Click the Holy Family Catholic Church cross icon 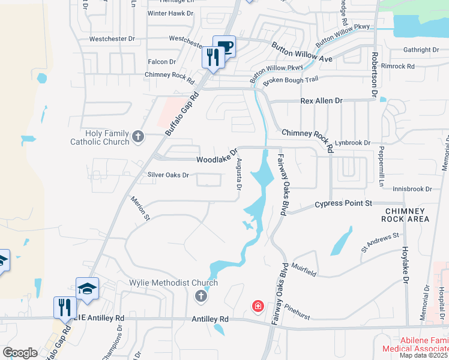(x=138, y=137)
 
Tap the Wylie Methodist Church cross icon (x=201, y=295)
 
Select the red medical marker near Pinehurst (x=258, y=307)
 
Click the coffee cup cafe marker (x=224, y=47)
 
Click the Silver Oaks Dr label (x=169, y=175)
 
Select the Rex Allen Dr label (x=321, y=101)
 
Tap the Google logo (x=20, y=352)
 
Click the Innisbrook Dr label (x=412, y=189)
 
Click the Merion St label (x=139, y=209)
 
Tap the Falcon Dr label (x=161, y=62)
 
